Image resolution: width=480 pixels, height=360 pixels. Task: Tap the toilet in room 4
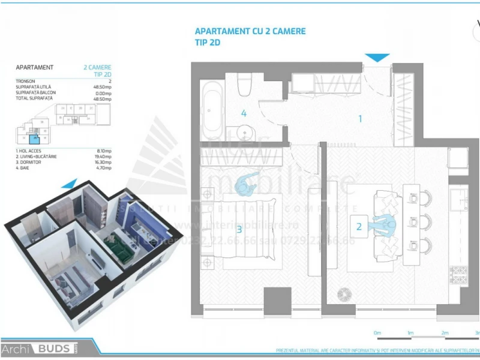[244, 85]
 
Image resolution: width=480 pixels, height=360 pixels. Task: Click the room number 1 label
[360, 119]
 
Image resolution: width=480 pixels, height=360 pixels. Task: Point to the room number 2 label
[359, 226]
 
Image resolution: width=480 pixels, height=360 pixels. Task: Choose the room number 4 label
[244, 113]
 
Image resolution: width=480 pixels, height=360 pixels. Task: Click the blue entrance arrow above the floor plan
[377, 58]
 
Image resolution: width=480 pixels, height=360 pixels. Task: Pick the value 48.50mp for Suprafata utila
[102, 87]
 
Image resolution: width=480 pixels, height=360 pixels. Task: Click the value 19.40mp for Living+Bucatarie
[102, 156]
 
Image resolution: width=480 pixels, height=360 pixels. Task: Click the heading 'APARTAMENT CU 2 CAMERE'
[250, 31]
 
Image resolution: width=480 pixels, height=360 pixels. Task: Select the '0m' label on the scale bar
[377, 332]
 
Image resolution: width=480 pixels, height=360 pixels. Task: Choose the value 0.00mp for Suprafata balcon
[103, 93]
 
